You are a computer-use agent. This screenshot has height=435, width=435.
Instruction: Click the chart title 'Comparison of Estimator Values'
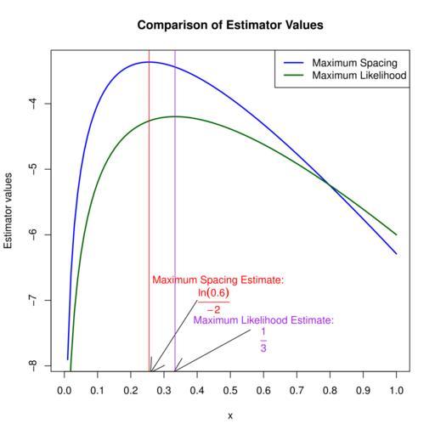pyautogui.click(x=230, y=25)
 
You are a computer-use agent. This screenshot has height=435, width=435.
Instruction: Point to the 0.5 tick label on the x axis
pyautogui.click(x=230, y=391)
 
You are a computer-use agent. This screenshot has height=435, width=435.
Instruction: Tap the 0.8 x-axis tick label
pyautogui.click(x=330, y=391)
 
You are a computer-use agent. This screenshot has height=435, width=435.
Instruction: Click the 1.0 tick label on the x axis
pyautogui.click(x=396, y=391)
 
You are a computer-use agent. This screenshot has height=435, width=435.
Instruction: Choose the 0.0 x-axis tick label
pyautogui.click(x=65, y=391)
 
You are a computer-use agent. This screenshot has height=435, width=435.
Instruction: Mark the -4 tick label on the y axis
pyautogui.click(x=33, y=104)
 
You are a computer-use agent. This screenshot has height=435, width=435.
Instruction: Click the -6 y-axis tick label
pyautogui.click(x=33, y=234)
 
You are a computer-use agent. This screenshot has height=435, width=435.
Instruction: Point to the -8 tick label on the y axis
pyautogui.click(x=33, y=365)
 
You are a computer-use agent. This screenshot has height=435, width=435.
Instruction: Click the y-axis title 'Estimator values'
pyautogui.click(x=8, y=211)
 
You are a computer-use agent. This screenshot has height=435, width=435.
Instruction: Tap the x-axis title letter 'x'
pyautogui.click(x=230, y=416)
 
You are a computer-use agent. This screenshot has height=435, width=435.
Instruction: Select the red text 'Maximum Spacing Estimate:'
pyautogui.click(x=218, y=280)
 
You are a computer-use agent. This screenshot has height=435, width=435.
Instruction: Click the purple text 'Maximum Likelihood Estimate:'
pyautogui.click(x=263, y=320)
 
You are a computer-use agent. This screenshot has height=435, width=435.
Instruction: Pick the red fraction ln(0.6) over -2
pyautogui.click(x=213, y=301)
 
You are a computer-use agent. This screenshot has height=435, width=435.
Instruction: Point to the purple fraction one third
pyautogui.click(x=263, y=340)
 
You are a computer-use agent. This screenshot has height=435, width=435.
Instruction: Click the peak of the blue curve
pyautogui.click(x=150, y=62)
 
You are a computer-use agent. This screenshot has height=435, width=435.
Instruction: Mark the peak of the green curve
pyautogui.click(x=174, y=116)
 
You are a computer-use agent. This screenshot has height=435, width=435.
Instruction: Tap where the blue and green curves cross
pyautogui.click(x=330, y=184)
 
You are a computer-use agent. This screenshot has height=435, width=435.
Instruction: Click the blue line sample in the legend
pyautogui.click(x=294, y=63)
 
